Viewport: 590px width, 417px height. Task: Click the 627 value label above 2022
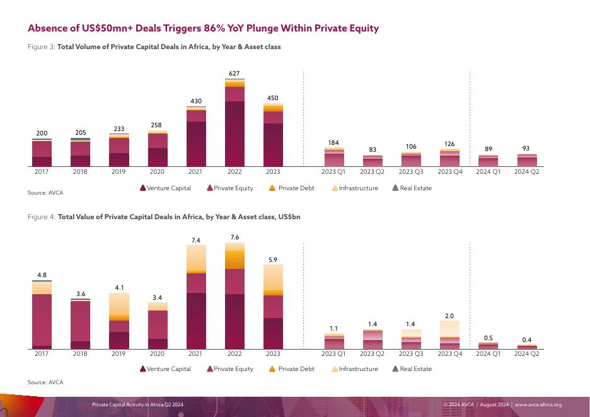click(234, 74)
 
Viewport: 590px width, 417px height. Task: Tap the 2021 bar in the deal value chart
click(196, 297)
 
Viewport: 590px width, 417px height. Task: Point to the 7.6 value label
click(234, 237)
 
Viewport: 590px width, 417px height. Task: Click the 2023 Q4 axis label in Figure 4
click(449, 354)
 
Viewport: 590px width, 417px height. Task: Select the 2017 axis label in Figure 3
click(42, 171)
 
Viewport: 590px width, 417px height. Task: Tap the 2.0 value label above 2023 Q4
click(449, 316)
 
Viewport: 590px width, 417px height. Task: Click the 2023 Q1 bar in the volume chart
click(334, 157)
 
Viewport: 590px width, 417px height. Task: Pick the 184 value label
click(334, 144)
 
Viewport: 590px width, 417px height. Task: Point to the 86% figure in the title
click(215, 28)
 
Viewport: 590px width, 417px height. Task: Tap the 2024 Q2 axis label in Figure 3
click(526, 171)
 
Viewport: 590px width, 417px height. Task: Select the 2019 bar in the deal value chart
click(119, 321)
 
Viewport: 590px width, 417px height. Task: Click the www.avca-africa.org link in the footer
click(538, 405)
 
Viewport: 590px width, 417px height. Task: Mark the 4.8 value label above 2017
click(42, 275)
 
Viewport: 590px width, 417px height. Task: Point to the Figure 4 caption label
click(42, 217)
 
